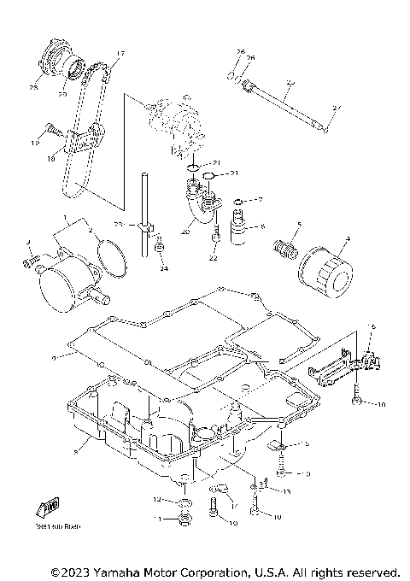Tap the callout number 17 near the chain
point(120,53)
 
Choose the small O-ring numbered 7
point(236,202)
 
